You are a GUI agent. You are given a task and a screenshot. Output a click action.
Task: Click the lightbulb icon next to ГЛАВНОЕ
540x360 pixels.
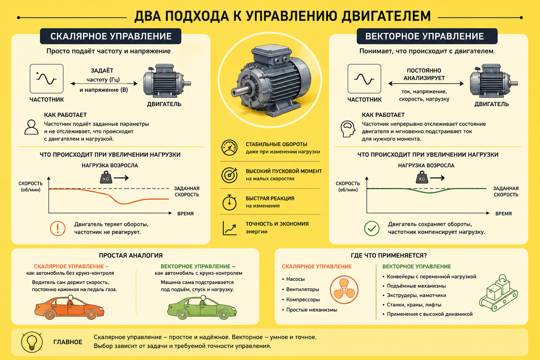point(32,342)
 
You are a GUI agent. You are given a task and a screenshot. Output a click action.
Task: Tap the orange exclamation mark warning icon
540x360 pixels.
point(58,228)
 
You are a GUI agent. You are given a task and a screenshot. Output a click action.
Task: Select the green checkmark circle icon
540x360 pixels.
point(372,228)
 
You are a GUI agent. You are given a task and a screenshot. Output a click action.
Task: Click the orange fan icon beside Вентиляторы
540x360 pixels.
point(344,290)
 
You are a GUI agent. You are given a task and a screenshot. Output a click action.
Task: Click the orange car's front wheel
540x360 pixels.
point(92,314)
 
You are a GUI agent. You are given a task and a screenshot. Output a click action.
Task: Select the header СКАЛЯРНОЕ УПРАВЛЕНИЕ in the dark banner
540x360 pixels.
point(111,36)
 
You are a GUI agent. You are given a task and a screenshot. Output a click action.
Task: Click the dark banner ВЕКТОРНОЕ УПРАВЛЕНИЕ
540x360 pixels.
point(427,36)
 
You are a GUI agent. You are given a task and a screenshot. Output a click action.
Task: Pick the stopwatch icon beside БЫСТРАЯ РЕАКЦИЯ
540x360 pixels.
point(229,202)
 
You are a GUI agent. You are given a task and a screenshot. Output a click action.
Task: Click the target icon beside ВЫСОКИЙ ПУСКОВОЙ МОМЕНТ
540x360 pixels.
point(229,175)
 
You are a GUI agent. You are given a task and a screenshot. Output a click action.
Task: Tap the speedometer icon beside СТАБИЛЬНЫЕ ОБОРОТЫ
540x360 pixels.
point(229,148)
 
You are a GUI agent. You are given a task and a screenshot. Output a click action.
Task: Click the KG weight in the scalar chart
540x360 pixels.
point(106,177)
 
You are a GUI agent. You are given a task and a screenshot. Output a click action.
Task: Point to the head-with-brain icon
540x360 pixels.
point(348,129)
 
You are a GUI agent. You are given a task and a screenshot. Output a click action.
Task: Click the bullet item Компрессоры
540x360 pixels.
point(303,300)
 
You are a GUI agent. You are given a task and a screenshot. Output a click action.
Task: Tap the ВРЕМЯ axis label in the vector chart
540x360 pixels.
point(504,214)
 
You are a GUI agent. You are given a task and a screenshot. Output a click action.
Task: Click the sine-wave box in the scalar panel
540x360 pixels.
point(46,79)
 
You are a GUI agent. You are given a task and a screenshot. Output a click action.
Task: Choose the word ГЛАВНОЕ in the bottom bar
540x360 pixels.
point(68,342)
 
